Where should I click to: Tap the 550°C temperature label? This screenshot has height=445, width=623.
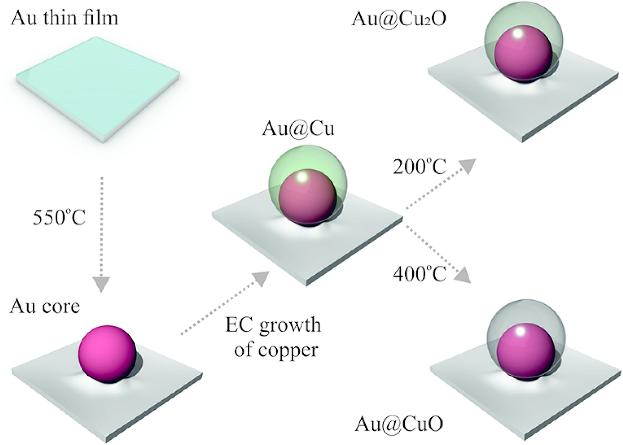click(59, 218)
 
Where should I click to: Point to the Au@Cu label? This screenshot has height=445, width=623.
click(298, 129)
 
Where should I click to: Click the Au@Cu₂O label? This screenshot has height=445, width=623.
click(399, 19)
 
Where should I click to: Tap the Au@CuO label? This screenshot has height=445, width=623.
click(399, 424)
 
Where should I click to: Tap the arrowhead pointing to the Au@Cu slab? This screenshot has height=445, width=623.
click(261, 278)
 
